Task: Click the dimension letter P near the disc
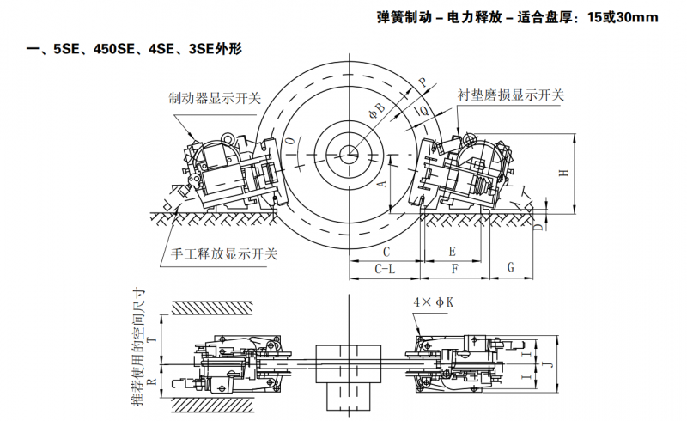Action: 422,82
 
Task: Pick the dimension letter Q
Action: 424,111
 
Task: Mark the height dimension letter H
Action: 563,172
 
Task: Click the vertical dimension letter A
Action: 382,183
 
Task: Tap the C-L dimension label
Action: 385,269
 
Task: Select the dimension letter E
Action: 453,251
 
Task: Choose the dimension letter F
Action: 454,269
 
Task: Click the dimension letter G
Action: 510,268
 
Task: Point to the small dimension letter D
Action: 537,227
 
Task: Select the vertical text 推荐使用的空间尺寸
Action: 137,348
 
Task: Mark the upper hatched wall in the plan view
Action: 211,307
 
